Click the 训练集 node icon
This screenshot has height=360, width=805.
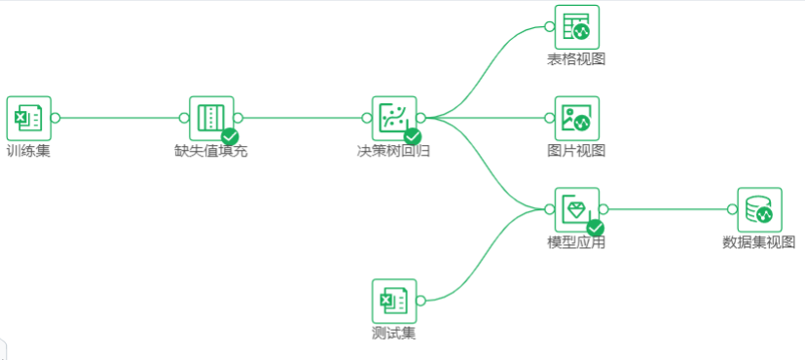pyautogui.click(x=28, y=118)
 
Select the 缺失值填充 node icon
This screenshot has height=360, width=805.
pyautogui.click(x=210, y=118)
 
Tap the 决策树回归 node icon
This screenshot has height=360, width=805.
pyautogui.click(x=393, y=118)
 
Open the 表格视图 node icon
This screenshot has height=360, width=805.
pyautogui.click(x=576, y=26)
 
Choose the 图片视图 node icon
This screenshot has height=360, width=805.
pyautogui.click(x=576, y=118)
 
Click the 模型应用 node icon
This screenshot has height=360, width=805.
pyautogui.click(x=576, y=209)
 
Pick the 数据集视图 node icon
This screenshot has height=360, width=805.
pyautogui.click(x=759, y=209)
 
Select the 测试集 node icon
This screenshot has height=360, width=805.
pyautogui.click(x=393, y=301)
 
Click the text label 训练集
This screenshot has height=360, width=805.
pyautogui.click(x=28, y=151)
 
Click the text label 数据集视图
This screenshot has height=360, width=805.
pyautogui.click(x=759, y=242)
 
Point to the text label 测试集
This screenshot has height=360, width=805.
pyautogui.click(x=393, y=334)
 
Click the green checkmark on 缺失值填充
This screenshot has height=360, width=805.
pyautogui.click(x=231, y=137)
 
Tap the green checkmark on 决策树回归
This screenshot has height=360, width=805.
pyautogui.click(x=413, y=137)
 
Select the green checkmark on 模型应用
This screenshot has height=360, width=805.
pyautogui.click(x=596, y=229)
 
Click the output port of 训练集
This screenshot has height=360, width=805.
pyautogui.click(x=55, y=118)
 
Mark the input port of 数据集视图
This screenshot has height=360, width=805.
pyautogui.click(x=732, y=209)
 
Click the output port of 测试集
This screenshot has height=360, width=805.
pyautogui.click(x=421, y=301)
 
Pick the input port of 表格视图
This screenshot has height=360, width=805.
pyautogui.click(x=549, y=26)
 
